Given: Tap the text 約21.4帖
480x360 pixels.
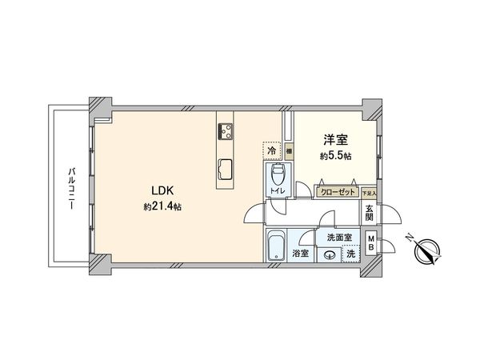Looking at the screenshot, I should coord(162,206).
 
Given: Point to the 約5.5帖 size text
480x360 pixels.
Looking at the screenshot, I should coord(335,157).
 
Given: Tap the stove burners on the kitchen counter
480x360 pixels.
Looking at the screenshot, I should coord(224,131).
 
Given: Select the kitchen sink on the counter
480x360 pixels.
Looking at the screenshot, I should coord(225,167).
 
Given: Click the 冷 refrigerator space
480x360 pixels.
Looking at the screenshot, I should coord(272,150).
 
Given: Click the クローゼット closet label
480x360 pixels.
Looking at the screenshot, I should coord(337,192).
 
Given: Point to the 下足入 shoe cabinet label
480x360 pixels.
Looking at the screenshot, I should coord(368,193).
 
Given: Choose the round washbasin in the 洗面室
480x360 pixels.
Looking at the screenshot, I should coord(330,255).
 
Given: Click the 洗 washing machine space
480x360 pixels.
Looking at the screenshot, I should coord(350,254).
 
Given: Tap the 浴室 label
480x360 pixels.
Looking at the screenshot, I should coord(301,254).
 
